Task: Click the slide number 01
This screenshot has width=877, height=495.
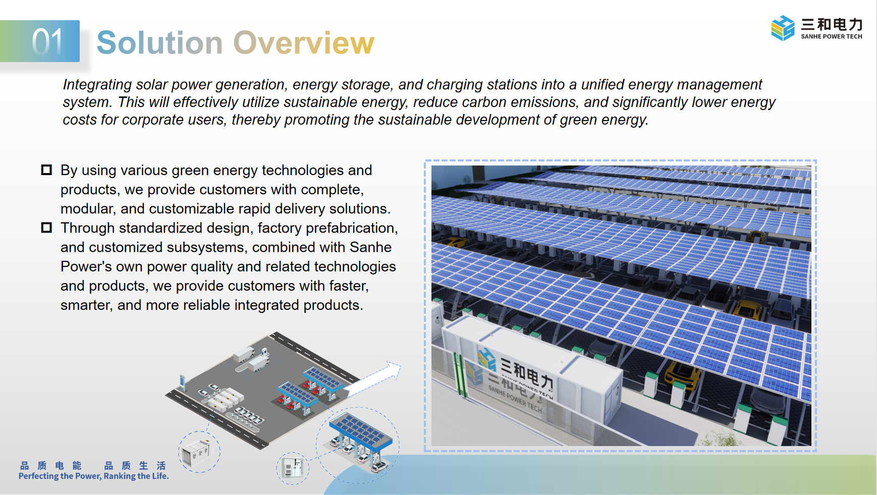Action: [x=47, y=41]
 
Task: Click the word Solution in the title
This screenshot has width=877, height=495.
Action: [x=159, y=42]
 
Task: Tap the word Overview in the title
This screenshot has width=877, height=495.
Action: [x=304, y=42]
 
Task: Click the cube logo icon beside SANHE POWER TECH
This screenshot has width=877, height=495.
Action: [x=783, y=28]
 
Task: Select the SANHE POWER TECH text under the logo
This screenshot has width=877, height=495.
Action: [x=832, y=36]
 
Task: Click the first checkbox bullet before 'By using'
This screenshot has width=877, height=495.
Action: [x=46, y=170]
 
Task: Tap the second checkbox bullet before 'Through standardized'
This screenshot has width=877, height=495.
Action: [x=46, y=228]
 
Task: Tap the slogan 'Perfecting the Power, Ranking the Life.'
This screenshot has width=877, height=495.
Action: [x=94, y=476]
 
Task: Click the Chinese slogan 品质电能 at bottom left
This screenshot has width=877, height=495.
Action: [x=50, y=465]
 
